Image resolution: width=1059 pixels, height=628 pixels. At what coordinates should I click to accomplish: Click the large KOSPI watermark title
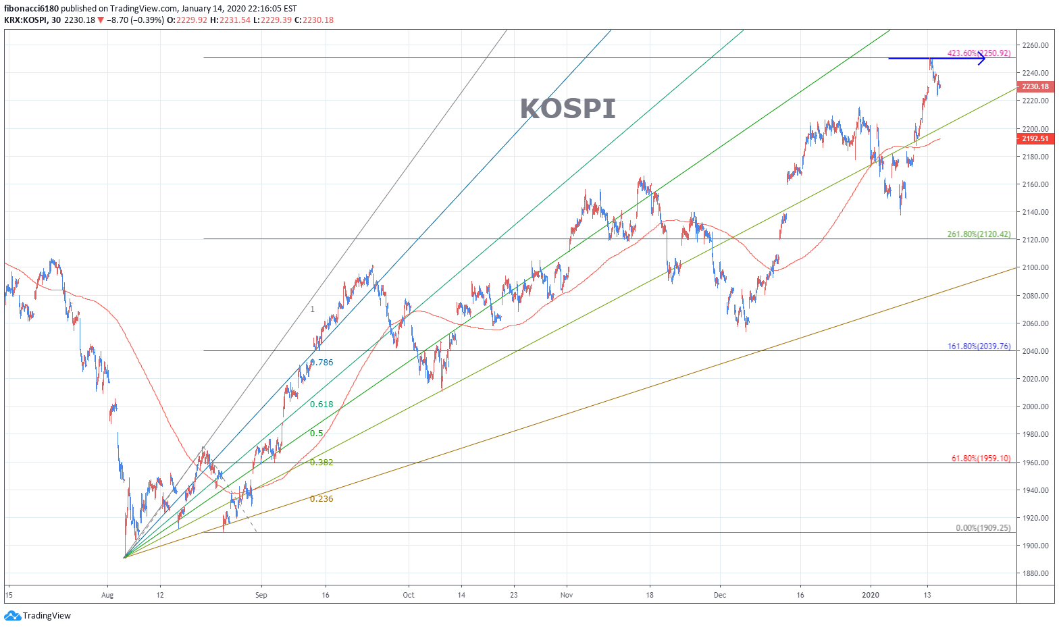pyautogui.click(x=567, y=109)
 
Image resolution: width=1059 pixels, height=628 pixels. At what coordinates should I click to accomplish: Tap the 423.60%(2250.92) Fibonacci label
pyautogui.click(x=979, y=53)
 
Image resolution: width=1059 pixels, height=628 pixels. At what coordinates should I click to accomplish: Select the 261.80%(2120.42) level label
pyautogui.click(x=979, y=234)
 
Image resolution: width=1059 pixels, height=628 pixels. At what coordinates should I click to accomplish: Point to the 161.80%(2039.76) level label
pyautogui.click(x=979, y=346)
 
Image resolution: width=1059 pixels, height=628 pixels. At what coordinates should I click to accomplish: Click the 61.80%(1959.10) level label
pyautogui.click(x=981, y=459)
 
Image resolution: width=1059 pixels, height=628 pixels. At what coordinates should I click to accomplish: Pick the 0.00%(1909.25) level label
pyautogui.click(x=983, y=528)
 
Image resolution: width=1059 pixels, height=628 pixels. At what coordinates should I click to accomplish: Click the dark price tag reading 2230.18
pyautogui.click(x=1035, y=86)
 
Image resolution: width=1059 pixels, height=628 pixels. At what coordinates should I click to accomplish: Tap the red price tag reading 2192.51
pyautogui.click(x=1035, y=138)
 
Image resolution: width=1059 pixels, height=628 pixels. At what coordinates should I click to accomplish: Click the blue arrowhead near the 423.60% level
pyautogui.click(x=981, y=59)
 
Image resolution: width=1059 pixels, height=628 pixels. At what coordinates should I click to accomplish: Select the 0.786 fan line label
pyautogui.click(x=322, y=363)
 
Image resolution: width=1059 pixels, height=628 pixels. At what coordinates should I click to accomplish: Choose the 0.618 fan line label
pyautogui.click(x=321, y=404)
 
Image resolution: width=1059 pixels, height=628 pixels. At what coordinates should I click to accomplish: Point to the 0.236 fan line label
pyautogui.click(x=321, y=499)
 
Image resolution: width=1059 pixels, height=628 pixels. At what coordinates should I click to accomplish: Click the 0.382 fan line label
pyautogui.click(x=321, y=463)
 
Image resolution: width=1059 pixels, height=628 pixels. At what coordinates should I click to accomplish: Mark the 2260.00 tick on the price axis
pyautogui.click(x=1035, y=45)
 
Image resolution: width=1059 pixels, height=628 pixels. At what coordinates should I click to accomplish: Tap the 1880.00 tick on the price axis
pyautogui.click(x=1035, y=573)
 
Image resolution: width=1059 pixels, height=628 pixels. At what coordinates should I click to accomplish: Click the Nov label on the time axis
pyautogui.click(x=567, y=595)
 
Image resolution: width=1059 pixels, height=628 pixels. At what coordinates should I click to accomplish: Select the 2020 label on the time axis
pyautogui.click(x=871, y=595)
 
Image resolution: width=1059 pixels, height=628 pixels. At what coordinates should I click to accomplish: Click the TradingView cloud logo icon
pyautogui.click(x=12, y=615)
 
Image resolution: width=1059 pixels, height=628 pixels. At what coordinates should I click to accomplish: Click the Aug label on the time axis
pyautogui.click(x=107, y=595)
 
